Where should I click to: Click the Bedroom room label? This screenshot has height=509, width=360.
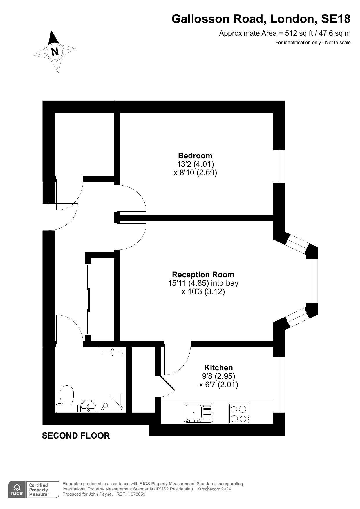[195, 155]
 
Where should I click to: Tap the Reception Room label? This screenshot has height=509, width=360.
[203, 274]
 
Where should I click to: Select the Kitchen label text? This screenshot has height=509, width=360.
[218, 367]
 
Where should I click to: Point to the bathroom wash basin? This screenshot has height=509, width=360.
[88, 406]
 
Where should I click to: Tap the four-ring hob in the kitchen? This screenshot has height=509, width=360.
[239, 413]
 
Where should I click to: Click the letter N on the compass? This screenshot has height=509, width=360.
[55, 51]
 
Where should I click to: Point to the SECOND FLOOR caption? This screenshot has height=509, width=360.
[76, 435]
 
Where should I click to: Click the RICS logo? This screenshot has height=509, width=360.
[17, 490]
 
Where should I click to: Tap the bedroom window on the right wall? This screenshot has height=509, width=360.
[279, 166]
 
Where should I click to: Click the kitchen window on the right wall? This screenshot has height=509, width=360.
[279, 384]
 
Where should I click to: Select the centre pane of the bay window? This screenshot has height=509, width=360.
[312, 281]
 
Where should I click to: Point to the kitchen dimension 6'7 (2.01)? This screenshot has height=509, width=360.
[218, 385]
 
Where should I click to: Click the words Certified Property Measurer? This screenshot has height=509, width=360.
[39, 490]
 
